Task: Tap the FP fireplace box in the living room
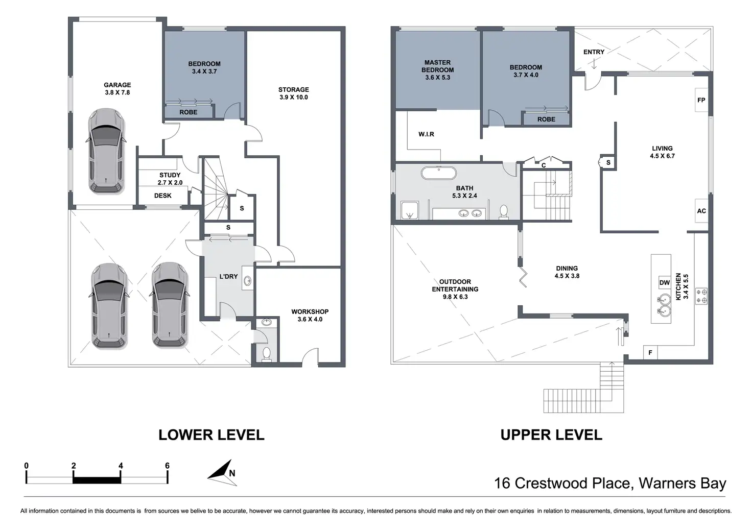[701, 100]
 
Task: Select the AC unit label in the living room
[701, 211]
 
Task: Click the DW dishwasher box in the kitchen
[664, 283]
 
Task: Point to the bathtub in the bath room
[438, 173]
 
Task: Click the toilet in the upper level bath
[504, 211]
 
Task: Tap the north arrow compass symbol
[221, 472]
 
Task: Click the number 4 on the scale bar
[121, 466]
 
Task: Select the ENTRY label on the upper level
[594, 52]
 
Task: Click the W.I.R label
[426, 134]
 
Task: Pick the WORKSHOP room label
[310, 312]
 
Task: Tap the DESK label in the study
[162, 196]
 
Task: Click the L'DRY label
[228, 276]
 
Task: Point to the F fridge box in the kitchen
[650, 353]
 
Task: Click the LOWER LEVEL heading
[211, 435]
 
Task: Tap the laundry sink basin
[248, 280]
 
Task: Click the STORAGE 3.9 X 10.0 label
[293, 93]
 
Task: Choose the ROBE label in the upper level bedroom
[546, 119]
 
